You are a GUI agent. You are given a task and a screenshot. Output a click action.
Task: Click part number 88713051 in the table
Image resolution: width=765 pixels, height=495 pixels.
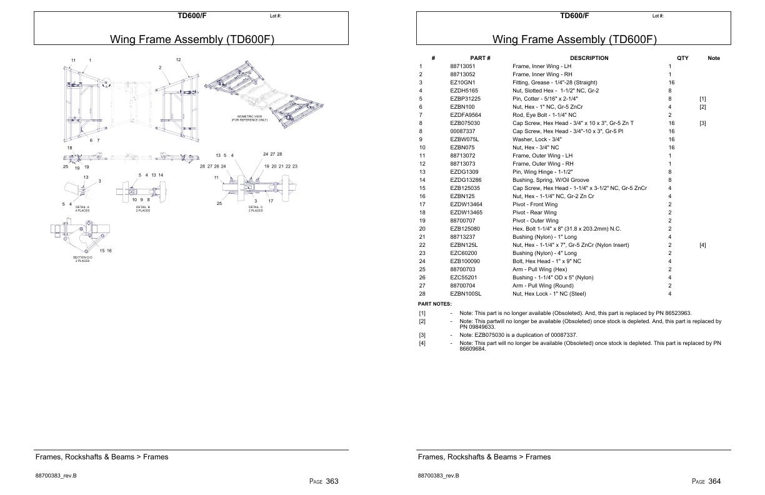click(x=462, y=66)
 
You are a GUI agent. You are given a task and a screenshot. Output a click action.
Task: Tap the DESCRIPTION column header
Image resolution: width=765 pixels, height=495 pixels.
click(x=589, y=58)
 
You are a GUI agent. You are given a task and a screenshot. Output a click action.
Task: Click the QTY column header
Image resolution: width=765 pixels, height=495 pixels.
click(x=682, y=58)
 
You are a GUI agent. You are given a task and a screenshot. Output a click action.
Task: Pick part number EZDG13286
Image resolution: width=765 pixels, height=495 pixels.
click(x=466, y=180)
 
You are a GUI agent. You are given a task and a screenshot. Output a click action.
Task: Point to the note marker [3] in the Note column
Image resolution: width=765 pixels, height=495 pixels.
click(x=702, y=123)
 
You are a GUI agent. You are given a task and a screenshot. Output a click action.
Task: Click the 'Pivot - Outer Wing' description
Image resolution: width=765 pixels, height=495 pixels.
click(x=536, y=221)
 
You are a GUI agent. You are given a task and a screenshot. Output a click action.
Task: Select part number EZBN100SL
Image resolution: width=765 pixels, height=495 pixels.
click(x=466, y=294)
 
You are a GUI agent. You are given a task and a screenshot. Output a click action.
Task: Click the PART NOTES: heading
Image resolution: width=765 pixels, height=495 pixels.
click(x=434, y=304)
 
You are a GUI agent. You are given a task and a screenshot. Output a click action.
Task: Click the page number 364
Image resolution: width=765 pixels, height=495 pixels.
click(x=714, y=481)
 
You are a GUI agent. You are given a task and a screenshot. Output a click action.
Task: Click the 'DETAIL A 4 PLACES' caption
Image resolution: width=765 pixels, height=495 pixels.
click(x=82, y=209)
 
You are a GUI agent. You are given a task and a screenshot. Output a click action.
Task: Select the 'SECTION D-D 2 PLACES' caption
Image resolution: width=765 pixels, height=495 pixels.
click(x=82, y=259)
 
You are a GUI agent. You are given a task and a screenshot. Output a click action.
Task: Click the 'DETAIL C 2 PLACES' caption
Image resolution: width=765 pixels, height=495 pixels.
click(x=256, y=209)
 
